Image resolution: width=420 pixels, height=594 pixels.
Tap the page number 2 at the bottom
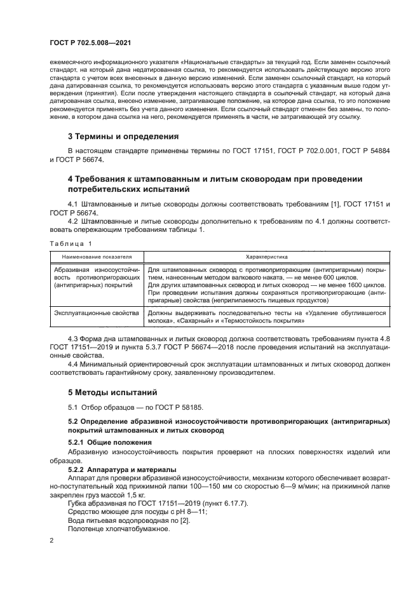coord(52,541)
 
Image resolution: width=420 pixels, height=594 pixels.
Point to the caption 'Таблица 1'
coord(71,243)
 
